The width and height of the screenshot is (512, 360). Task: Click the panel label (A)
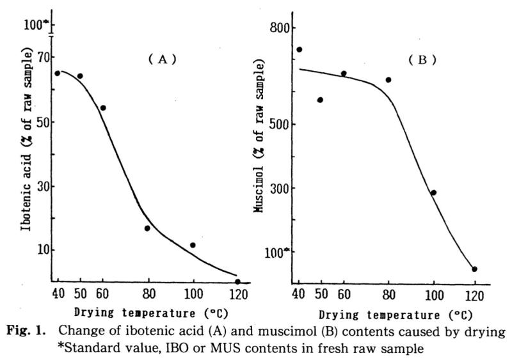[162, 59]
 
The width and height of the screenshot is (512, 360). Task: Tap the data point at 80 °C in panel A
[147, 228]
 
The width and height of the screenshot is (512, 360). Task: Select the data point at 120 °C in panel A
[237, 281]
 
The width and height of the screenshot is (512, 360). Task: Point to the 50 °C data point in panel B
[320, 100]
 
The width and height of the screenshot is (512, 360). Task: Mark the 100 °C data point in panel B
[433, 192]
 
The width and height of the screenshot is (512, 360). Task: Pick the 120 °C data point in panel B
[474, 269]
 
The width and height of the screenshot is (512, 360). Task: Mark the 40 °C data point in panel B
[299, 49]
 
